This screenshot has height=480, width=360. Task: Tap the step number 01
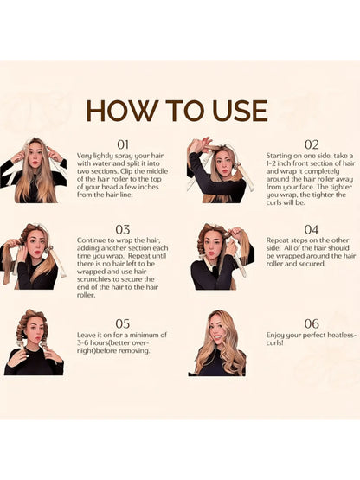[123, 144]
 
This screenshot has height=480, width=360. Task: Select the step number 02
[312, 144]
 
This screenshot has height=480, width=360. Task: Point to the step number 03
[123, 229]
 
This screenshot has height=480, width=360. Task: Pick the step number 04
[312, 229]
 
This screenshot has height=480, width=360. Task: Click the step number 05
[123, 323]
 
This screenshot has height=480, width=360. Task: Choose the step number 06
[312, 323]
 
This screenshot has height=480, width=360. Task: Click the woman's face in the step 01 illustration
[35, 156]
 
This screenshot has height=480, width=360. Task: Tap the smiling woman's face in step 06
[218, 331]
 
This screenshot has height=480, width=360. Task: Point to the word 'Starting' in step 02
[279, 157]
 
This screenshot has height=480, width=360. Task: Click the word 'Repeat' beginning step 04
[277, 240]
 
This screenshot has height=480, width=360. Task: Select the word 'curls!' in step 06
[275, 343]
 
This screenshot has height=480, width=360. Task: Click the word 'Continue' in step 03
[91, 240]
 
